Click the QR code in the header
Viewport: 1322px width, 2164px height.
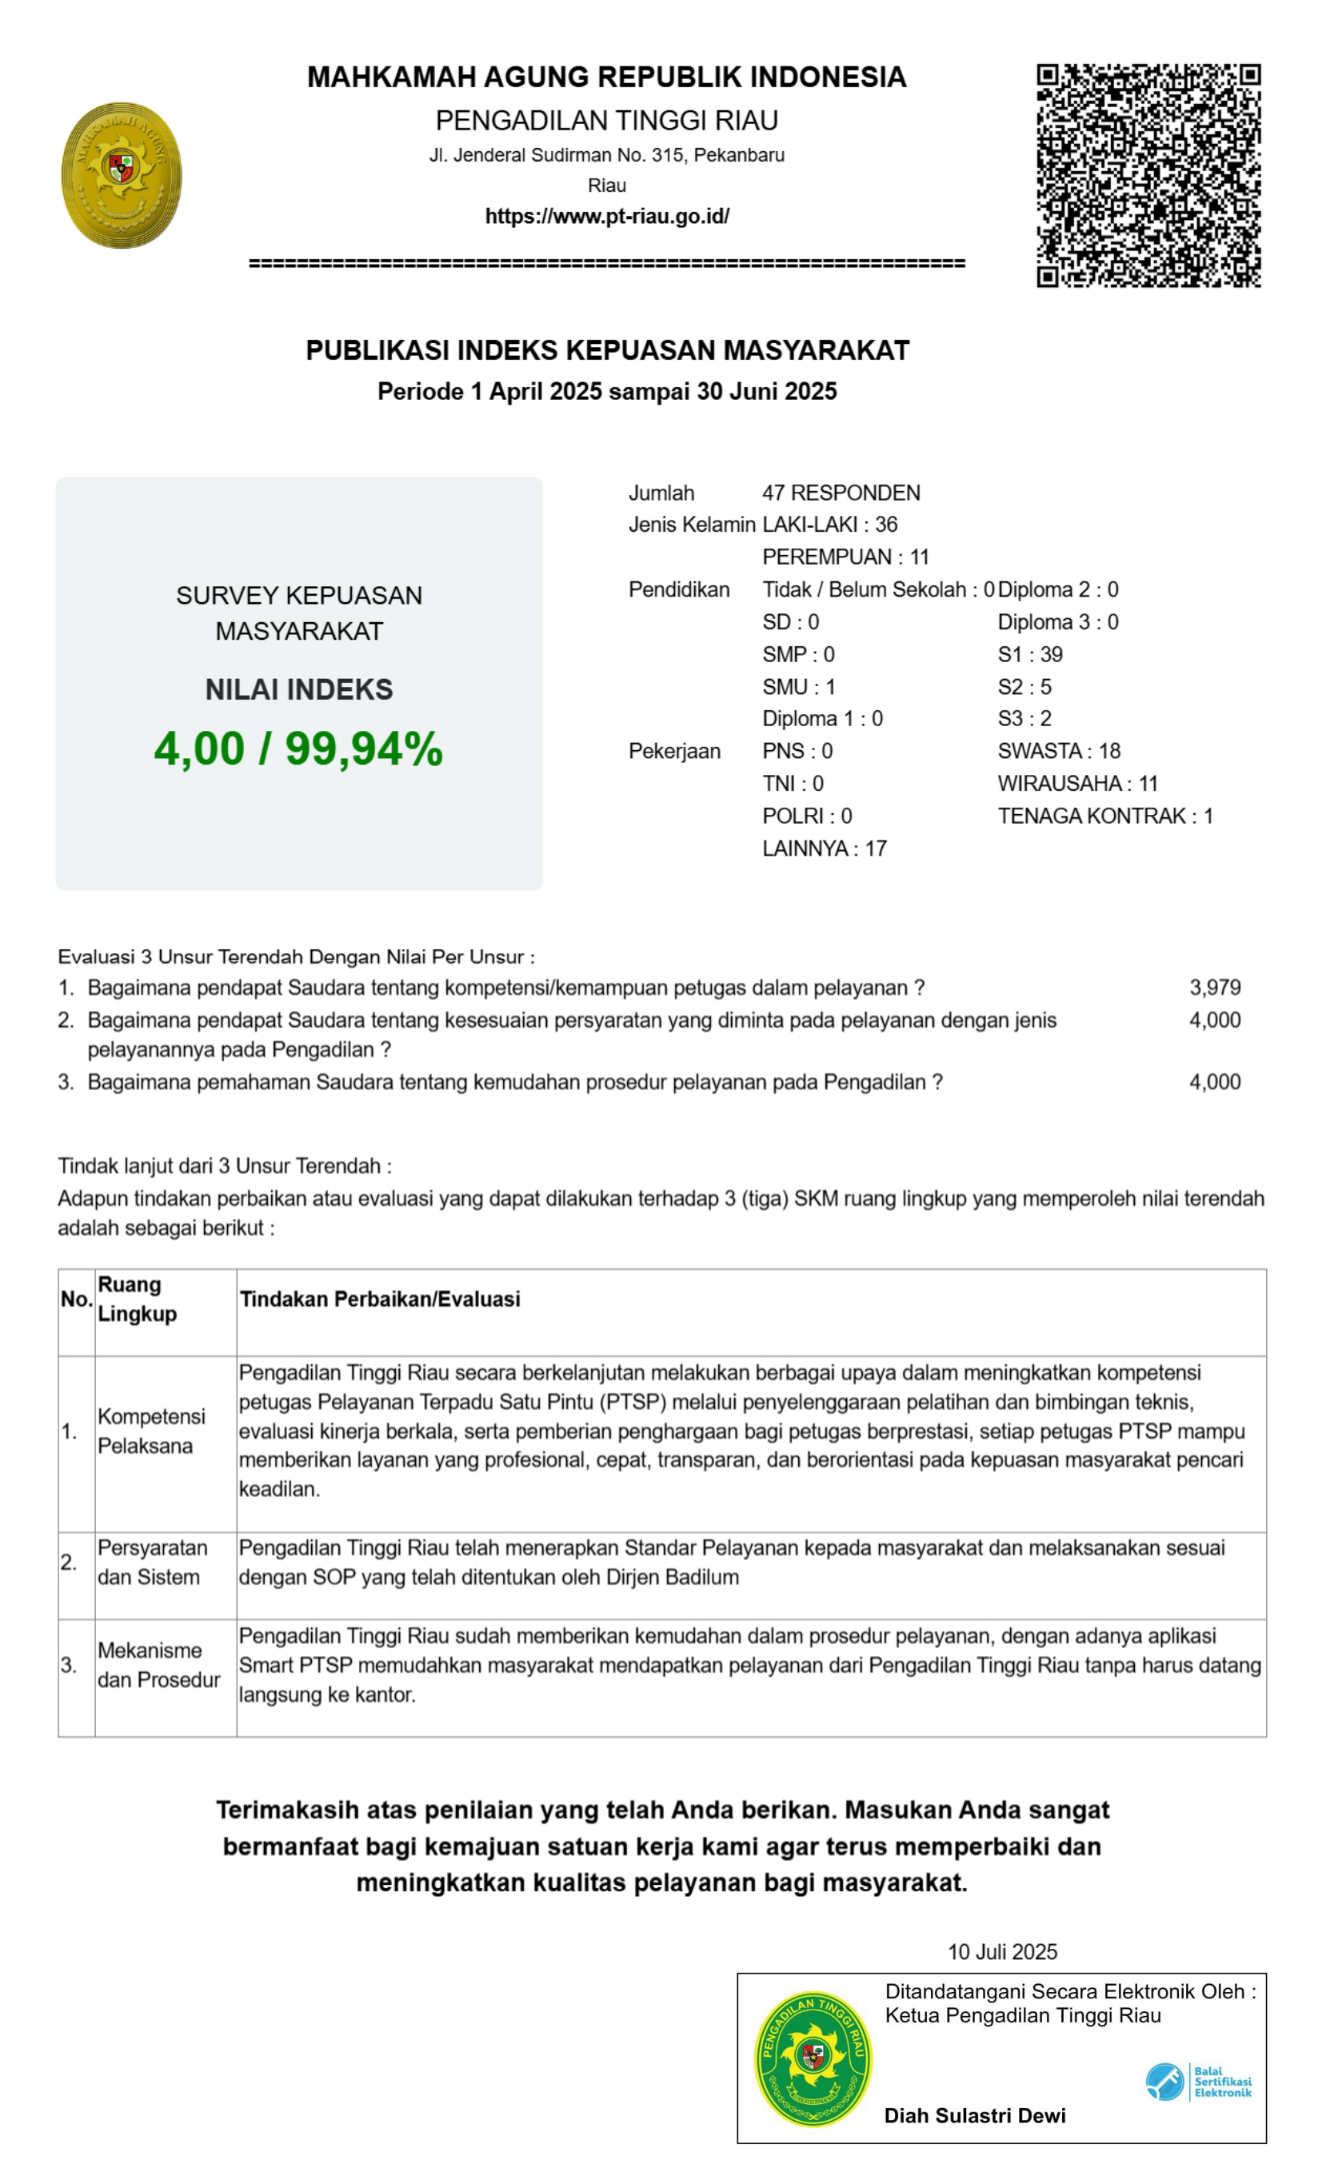1148,175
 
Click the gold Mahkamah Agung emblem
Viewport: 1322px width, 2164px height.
122,175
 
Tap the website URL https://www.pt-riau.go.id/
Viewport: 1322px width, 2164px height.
607,217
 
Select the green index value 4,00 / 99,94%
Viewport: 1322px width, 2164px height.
298,749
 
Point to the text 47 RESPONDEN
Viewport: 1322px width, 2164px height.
841,493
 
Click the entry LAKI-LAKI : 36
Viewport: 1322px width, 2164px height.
829,525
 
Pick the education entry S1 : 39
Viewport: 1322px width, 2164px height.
1029,654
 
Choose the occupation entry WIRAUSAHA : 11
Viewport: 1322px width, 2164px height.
1078,784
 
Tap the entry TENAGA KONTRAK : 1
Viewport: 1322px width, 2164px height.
1105,816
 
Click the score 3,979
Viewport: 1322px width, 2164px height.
1215,987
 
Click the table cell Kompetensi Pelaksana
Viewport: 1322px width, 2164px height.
151,1431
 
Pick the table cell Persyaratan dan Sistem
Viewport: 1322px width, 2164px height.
152,1563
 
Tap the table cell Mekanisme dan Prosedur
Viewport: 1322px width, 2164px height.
158,1665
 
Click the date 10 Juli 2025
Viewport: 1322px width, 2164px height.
1002,1951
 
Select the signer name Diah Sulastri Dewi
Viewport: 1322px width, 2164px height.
975,2116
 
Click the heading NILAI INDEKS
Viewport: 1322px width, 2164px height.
298,690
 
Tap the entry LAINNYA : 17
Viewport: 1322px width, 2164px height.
824,848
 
